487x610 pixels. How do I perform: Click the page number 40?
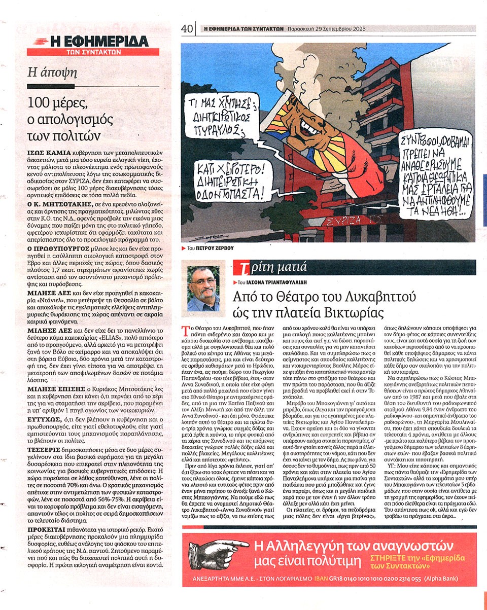tap(187, 29)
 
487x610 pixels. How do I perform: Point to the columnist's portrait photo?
tap(203, 288)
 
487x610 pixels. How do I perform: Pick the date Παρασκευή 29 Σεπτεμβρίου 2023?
tap(328, 29)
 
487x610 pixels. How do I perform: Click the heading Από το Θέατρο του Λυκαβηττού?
tap(328, 296)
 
